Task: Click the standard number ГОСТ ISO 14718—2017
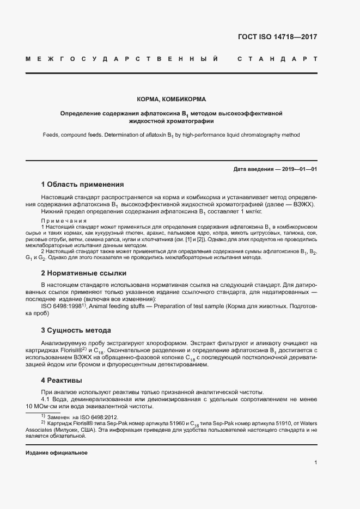pyautogui.click(x=278, y=38)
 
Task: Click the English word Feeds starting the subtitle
pyautogui.click(x=52, y=134)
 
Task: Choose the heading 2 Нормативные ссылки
pyautogui.click(x=84, y=272)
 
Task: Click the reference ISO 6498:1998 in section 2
pyautogui.click(x=60, y=307)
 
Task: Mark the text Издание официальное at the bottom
pyautogui.click(x=57, y=453)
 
